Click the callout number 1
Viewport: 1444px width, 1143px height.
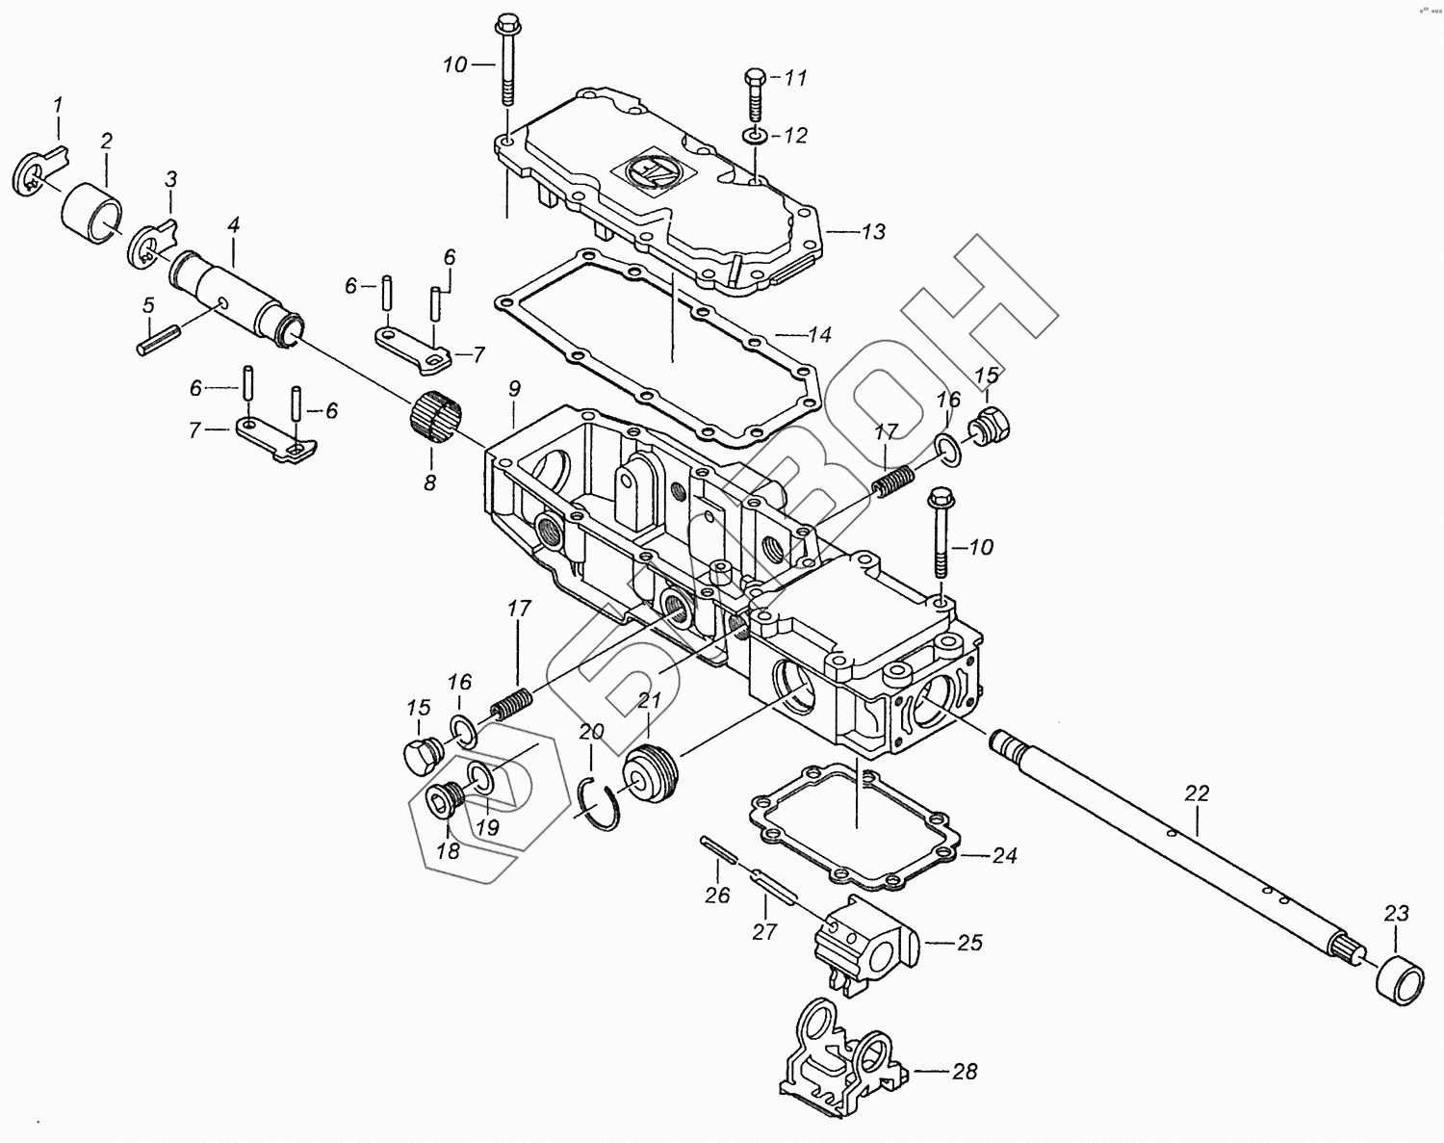point(57,104)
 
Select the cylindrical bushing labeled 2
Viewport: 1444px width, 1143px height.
point(92,208)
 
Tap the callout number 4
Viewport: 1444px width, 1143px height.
point(234,226)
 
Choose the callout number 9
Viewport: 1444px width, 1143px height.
point(514,389)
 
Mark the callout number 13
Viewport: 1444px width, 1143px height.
point(873,232)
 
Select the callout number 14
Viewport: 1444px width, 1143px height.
point(819,336)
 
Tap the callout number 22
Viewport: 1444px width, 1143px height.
point(1197,794)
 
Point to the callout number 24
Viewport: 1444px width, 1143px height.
point(1005,856)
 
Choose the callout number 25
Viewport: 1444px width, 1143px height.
point(969,943)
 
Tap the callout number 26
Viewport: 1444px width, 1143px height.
point(718,896)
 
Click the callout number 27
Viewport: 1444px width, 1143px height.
point(764,932)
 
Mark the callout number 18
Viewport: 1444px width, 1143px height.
point(448,851)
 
